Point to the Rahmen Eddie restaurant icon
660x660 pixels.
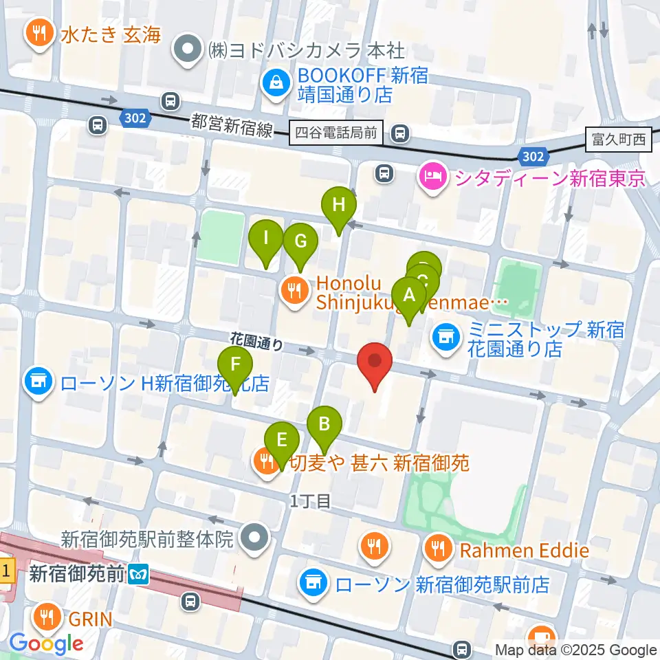tap(438, 548)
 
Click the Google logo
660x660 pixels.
tap(47, 643)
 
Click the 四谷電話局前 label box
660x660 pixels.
tap(337, 132)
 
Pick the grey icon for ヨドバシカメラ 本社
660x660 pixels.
tap(188, 51)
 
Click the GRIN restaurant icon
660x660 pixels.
tap(47, 617)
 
